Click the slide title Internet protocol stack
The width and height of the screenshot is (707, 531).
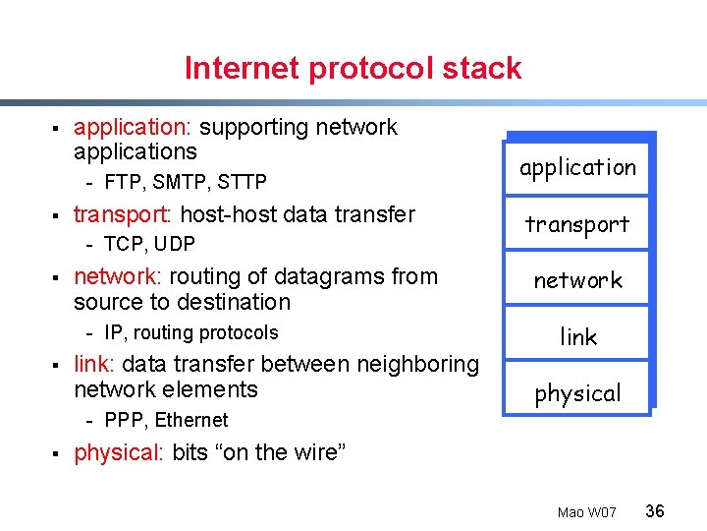[353, 69]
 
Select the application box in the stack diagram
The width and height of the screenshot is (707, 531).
[577, 167]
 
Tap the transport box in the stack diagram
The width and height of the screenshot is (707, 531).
[577, 224]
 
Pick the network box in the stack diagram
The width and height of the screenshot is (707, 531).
[577, 280]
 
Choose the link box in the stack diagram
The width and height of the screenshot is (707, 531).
[577, 336]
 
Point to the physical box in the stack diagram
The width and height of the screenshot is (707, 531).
[577, 393]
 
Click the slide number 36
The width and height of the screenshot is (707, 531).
[655, 510]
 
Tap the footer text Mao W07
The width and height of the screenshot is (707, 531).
[586, 512]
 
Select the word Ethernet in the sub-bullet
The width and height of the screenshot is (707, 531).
[191, 420]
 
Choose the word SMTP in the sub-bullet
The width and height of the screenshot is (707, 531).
[180, 182]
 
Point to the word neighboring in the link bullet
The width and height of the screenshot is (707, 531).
[417, 364]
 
